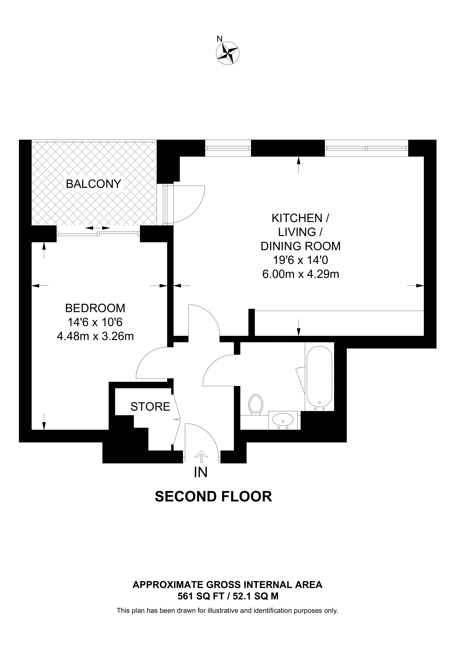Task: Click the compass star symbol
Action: click(228, 53)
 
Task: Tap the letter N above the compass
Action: click(220, 39)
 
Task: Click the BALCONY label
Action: click(93, 184)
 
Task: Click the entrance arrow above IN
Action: click(201, 456)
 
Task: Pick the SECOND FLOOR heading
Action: click(213, 497)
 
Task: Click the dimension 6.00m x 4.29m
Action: click(301, 274)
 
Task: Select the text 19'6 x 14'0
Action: click(300, 260)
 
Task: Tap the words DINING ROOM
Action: click(300, 246)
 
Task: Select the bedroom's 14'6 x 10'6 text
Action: click(95, 322)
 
